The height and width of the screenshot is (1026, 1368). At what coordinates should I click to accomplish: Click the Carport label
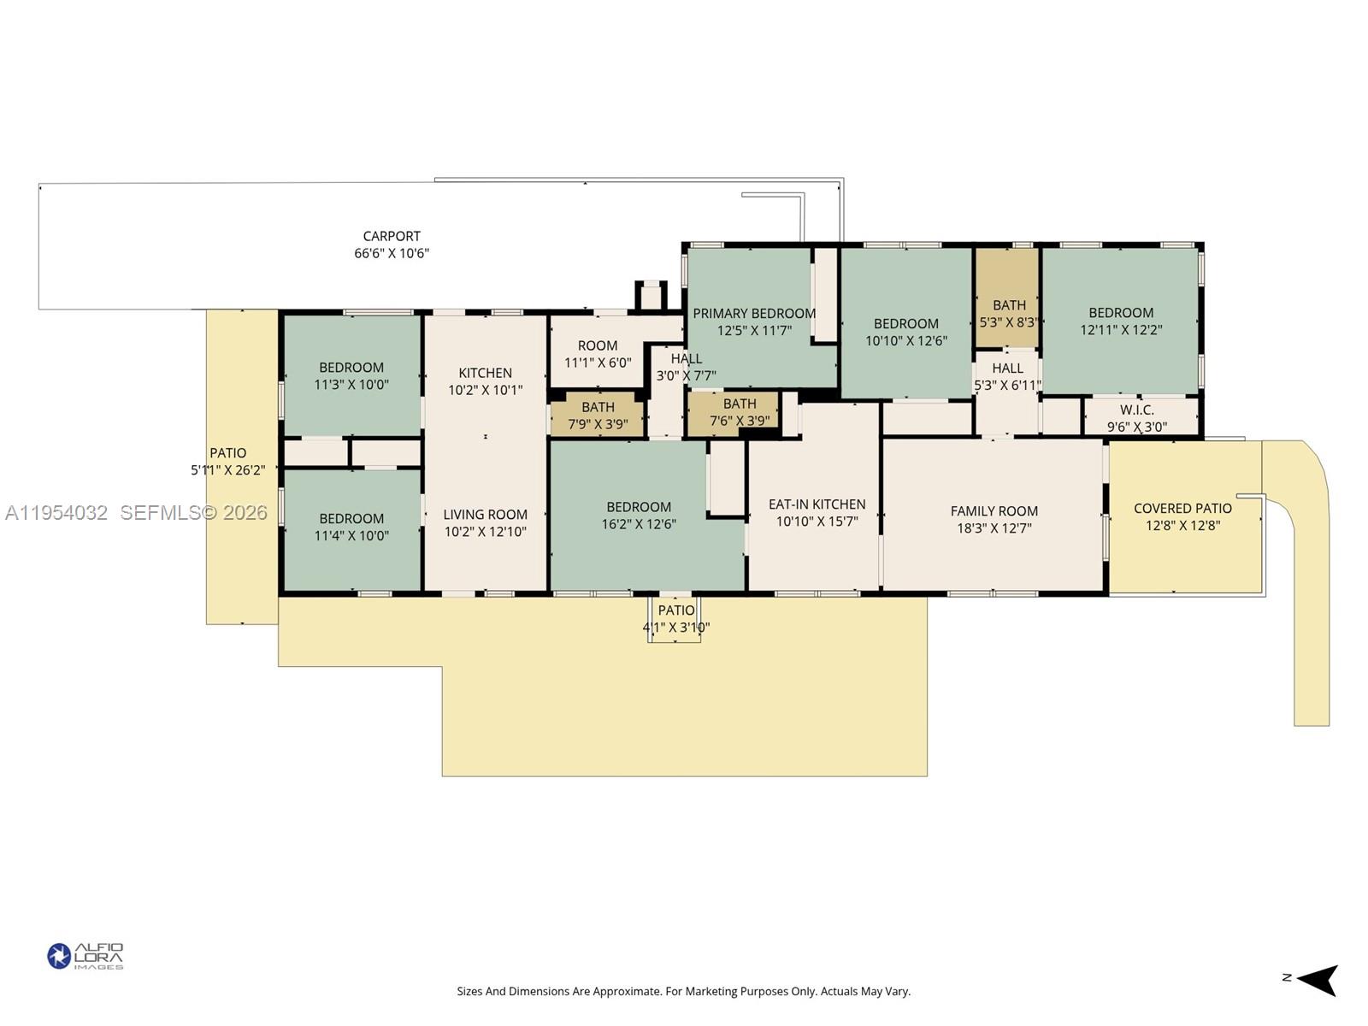(392, 236)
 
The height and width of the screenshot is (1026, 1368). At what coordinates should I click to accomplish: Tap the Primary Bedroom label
(753, 314)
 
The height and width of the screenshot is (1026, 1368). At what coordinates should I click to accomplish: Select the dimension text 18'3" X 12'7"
(994, 528)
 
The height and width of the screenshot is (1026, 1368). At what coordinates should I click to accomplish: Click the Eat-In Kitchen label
(817, 504)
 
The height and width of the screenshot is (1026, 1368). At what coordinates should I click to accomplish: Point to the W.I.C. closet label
(1136, 410)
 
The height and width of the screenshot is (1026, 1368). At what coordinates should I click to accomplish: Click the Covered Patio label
(1182, 509)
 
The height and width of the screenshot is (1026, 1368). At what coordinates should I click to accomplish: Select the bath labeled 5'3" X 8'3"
(1009, 305)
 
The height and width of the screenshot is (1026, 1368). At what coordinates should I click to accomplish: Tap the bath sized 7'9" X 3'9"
(598, 408)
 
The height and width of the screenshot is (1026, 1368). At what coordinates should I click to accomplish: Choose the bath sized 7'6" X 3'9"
(739, 404)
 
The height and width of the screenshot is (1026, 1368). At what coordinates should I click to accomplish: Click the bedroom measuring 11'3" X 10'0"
(351, 368)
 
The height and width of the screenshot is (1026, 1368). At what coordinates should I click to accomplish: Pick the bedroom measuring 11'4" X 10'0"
(351, 519)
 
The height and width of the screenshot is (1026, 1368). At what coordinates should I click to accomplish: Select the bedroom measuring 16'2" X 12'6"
(639, 507)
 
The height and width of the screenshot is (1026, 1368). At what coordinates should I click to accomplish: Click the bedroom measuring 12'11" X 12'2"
(1121, 313)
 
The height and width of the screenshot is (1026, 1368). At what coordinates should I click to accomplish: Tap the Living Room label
(485, 515)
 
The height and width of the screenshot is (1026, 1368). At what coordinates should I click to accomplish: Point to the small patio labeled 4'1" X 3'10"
(675, 610)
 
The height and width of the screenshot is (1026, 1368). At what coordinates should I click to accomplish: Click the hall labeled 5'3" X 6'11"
(1007, 369)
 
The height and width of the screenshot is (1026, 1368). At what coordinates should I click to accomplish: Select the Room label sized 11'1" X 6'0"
(597, 346)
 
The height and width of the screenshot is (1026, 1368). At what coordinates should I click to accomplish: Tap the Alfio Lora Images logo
(85, 956)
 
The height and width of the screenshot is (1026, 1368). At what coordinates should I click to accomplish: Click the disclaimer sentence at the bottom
(683, 992)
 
